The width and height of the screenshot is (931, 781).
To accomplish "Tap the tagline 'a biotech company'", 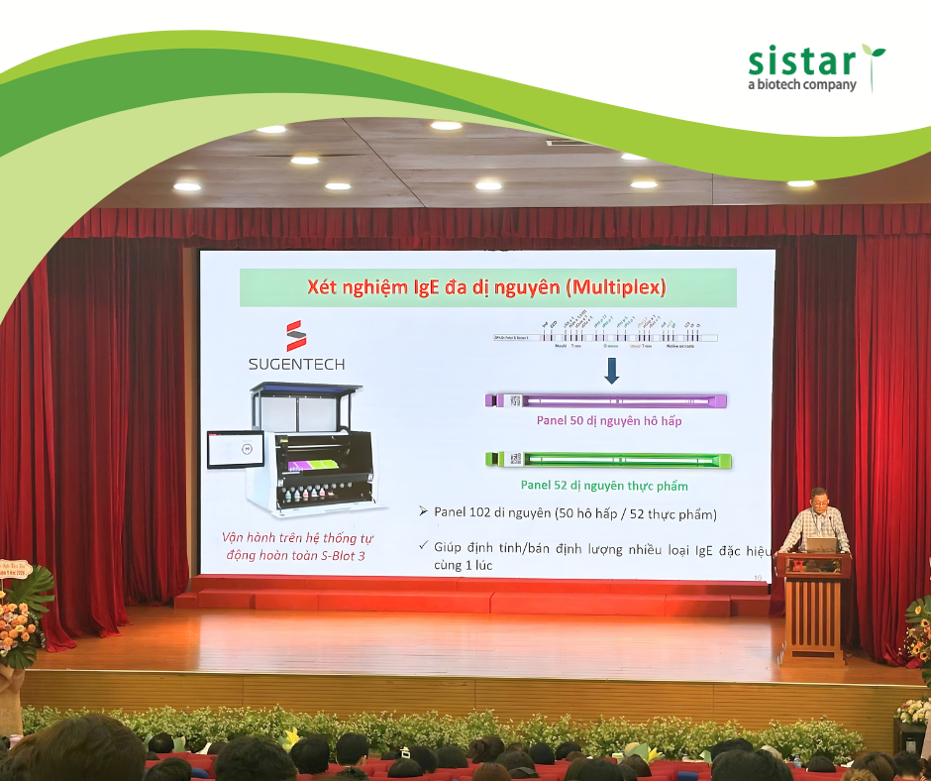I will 801,86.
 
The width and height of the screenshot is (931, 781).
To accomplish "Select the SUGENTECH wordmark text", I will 296,364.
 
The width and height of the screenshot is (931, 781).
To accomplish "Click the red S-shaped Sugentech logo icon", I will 296,335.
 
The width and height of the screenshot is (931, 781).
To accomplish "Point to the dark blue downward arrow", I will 611,372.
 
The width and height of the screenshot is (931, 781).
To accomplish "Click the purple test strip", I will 614,400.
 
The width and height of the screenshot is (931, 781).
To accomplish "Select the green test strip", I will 614,460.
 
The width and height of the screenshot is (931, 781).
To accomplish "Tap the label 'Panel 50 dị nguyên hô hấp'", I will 608,421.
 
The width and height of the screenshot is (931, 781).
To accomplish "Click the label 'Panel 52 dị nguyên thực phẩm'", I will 604,486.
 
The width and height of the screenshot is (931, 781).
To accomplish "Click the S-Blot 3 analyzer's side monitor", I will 235,449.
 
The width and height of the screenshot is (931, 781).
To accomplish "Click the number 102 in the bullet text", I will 492,513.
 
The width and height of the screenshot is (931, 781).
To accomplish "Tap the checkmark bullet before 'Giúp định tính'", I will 423,545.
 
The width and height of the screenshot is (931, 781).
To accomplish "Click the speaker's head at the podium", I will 819,496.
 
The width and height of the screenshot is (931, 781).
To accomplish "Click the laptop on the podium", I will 820,544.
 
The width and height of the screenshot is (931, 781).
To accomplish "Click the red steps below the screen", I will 475,599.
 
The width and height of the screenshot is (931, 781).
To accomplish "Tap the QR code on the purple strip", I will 515,400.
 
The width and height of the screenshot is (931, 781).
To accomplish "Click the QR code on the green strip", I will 515,460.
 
